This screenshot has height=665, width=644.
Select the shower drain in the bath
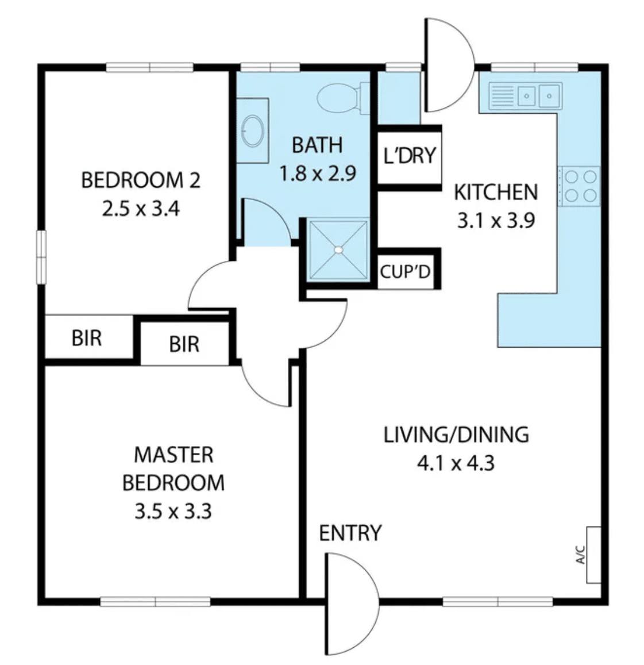click(x=338, y=250)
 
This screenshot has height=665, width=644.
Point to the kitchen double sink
click(x=525, y=96)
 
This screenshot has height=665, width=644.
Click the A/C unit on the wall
click(x=593, y=555)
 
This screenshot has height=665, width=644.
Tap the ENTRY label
click(x=350, y=533)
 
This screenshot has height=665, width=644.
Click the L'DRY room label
click(x=410, y=155)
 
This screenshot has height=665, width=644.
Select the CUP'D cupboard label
click(x=406, y=272)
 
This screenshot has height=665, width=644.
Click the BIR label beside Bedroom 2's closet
click(x=87, y=339)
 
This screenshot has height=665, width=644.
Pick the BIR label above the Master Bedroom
click(x=184, y=344)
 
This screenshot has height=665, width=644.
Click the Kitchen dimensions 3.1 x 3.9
click(x=496, y=221)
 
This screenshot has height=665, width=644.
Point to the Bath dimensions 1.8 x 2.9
click(x=318, y=174)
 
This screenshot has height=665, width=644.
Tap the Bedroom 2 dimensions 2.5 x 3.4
click(x=141, y=209)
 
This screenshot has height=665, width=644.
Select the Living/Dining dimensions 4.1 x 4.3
click(x=456, y=463)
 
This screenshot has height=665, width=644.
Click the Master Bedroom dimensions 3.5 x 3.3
click(x=173, y=512)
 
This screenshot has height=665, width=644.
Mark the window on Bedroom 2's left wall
click(x=41, y=257)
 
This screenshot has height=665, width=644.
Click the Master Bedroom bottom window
click(x=156, y=601)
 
